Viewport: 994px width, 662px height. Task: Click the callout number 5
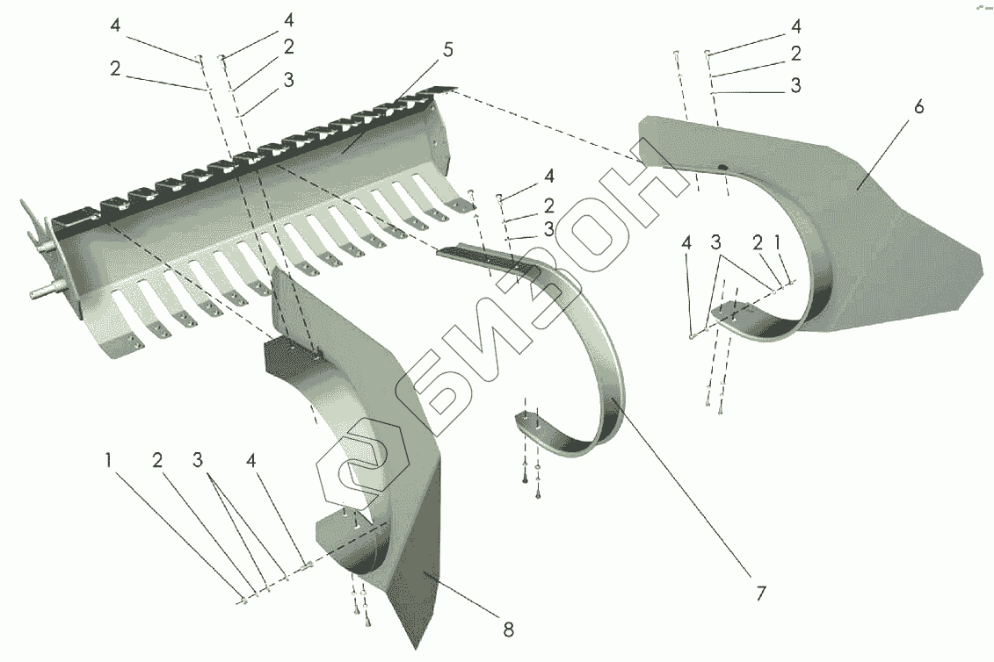click(447, 50)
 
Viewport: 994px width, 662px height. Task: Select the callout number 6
click(918, 108)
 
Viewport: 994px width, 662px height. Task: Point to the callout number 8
click(508, 629)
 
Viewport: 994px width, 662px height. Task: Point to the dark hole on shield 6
click(721, 167)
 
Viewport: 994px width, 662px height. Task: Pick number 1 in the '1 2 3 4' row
click(108, 459)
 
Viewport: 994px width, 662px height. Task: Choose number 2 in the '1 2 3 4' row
click(157, 459)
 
